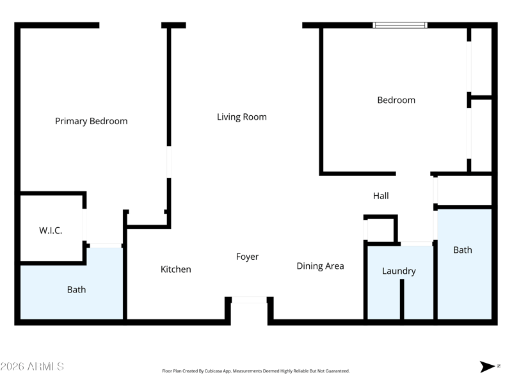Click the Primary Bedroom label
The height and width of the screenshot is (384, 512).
click(x=91, y=121)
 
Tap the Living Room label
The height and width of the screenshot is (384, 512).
click(x=241, y=117)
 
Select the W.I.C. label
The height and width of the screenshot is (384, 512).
click(x=51, y=230)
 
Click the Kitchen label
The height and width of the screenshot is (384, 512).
click(x=175, y=269)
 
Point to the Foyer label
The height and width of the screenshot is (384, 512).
click(x=247, y=257)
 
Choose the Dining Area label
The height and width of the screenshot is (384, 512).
click(x=320, y=266)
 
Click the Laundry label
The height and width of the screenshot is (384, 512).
click(x=399, y=271)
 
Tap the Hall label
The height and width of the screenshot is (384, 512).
click(x=381, y=196)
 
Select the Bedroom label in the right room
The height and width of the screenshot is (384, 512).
click(x=396, y=100)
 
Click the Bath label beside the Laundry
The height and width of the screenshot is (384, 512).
click(x=462, y=250)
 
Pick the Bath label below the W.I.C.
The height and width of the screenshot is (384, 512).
click(x=76, y=290)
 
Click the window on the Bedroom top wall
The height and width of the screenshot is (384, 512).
click(x=400, y=26)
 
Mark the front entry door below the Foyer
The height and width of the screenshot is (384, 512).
click(x=249, y=300)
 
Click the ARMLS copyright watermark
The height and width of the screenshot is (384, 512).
click(x=32, y=367)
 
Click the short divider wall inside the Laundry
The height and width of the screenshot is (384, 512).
click(x=401, y=299)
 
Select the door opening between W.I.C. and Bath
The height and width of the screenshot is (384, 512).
click(x=105, y=245)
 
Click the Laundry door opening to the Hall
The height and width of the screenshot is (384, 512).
click(x=416, y=243)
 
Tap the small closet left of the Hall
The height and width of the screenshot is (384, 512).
click(x=380, y=229)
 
